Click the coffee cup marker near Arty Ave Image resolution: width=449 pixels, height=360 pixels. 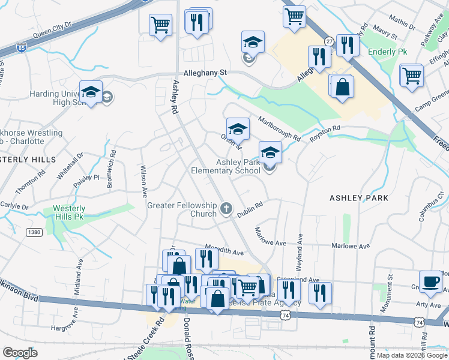[430, 281]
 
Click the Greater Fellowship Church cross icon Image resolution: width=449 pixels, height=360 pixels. [226, 208]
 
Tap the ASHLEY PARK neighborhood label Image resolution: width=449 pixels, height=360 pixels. [359, 197]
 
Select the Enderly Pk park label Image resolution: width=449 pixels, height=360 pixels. [387, 52]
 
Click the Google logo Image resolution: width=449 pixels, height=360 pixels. [20, 353]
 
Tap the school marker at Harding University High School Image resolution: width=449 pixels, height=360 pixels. [91, 93]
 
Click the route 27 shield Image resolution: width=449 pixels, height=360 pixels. [329, 41]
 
